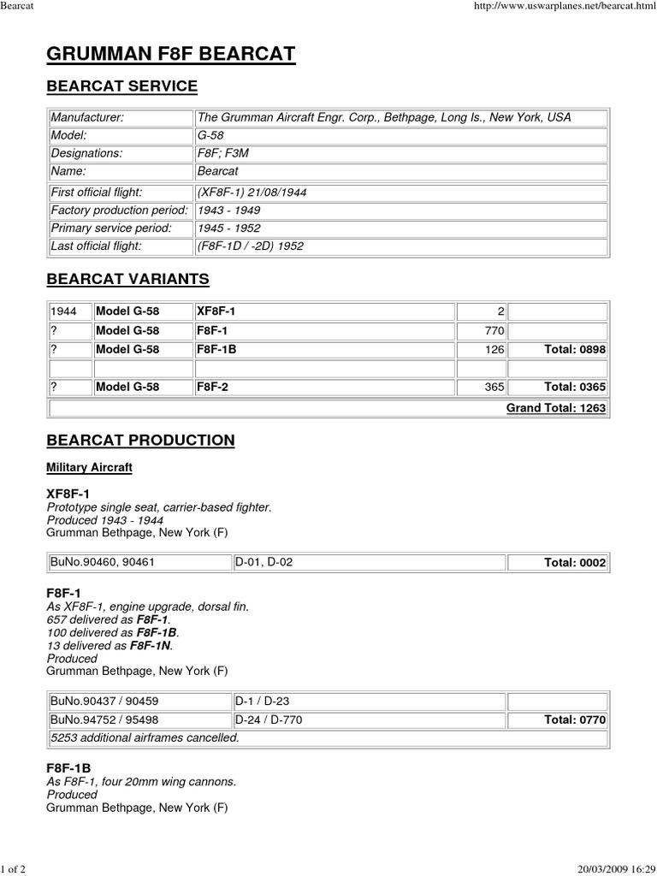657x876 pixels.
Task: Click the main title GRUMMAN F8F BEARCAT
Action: coord(171,55)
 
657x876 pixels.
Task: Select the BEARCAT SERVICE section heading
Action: coord(121,86)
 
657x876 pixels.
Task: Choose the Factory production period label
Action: coord(119,210)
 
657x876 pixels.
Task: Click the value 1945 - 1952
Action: coord(228,228)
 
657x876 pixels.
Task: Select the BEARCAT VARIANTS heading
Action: coord(127,280)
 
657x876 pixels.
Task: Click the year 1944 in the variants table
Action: coord(64,311)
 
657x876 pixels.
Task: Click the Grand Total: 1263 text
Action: coord(556,408)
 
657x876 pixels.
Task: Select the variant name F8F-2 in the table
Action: coord(212,387)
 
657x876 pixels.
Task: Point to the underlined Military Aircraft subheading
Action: coord(89,468)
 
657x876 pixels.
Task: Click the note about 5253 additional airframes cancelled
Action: coord(145,737)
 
